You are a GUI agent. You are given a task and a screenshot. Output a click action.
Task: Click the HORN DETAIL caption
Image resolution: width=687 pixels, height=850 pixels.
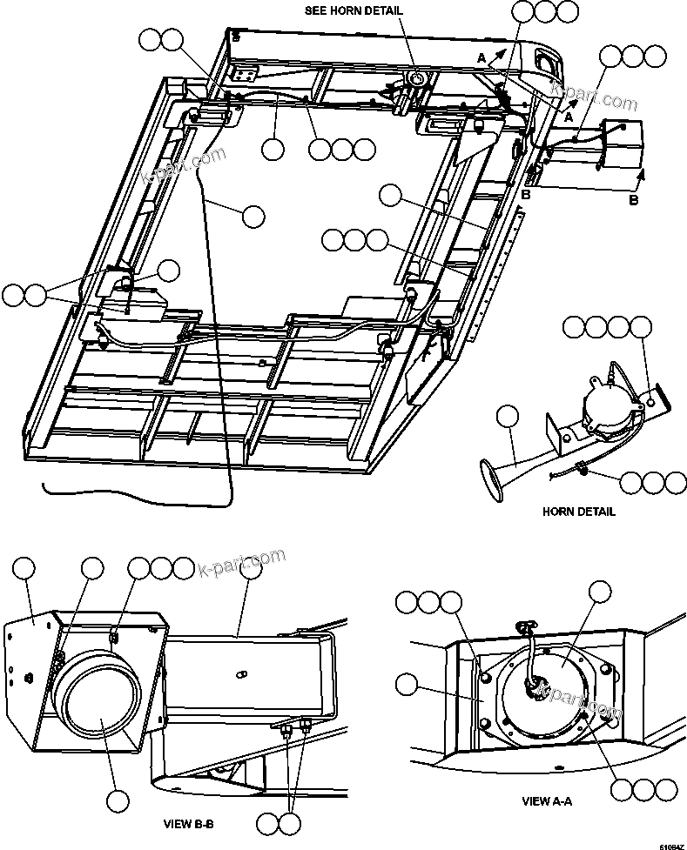578,512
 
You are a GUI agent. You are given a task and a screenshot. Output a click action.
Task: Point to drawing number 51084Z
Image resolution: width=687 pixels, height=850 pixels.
670,845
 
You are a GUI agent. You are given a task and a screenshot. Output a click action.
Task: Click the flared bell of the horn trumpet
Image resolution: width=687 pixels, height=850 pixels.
491,481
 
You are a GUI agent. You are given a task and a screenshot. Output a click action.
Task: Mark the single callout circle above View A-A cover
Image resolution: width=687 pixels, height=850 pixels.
601,592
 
